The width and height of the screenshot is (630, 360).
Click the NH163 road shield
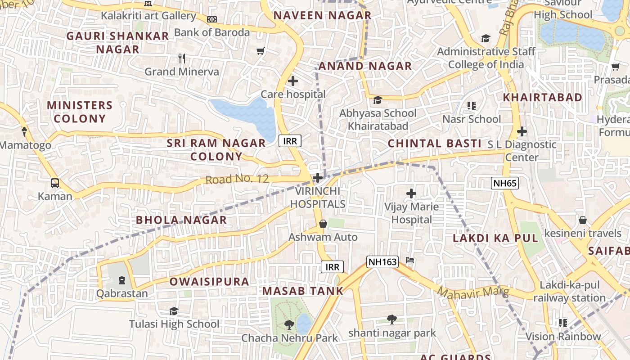(x=382, y=262)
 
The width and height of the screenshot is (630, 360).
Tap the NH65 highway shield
(x=504, y=183)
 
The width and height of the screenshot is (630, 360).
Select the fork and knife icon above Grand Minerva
(x=182, y=58)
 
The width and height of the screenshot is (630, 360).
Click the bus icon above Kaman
(x=55, y=183)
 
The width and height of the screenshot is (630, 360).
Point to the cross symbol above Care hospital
(x=293, y=81)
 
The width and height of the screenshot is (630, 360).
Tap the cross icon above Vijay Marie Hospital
(x=411, y=193)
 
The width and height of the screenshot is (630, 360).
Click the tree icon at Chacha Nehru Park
(x=289, y=324)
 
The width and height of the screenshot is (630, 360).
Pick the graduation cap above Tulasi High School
(x=174, y=311)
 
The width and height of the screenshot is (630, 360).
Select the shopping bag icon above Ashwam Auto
(x=323, y=224)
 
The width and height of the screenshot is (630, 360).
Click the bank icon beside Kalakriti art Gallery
(x=212, y=19)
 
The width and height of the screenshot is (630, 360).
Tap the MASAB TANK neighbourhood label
(x=303, y=291)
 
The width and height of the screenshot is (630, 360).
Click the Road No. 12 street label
(x=237, y=179)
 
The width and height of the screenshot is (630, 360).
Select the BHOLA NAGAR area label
(x=181, y=220)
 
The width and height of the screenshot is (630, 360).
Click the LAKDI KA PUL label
(x=495, y=238)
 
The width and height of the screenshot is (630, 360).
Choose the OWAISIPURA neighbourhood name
(x=209, y=282)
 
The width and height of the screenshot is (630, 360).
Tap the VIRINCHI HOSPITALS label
(x=318, y=198)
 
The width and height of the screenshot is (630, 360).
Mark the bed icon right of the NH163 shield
(x=410, y=260)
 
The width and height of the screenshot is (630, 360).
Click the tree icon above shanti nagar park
(x=392, y=319)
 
